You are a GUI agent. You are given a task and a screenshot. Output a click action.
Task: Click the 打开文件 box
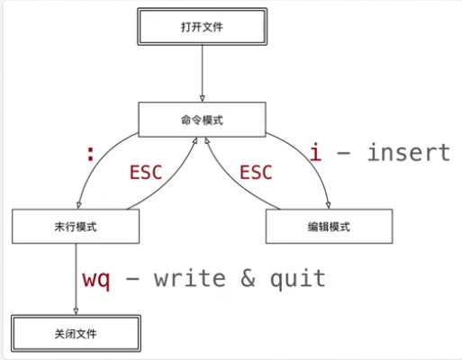click(202, 27)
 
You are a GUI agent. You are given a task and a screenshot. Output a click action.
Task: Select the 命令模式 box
click(202, 119)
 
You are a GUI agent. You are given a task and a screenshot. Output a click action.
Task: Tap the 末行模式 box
click(76, 227)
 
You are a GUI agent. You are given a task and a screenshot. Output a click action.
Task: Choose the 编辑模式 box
click(328, 227)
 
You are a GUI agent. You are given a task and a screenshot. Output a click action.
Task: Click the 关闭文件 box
click(76, 333)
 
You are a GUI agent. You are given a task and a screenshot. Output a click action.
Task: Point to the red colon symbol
click(89, 154)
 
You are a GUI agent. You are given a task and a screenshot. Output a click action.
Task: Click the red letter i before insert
click(315, 151)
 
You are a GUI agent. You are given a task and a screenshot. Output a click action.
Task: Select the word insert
click(407, 152)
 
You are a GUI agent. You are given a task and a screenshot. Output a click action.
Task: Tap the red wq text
click(96, 278)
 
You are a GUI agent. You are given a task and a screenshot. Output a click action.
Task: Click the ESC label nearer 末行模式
click(146, 173)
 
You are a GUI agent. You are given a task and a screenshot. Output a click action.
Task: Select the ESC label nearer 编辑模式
click(255, 173)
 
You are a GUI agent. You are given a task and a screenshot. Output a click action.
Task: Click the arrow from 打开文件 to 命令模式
click(202, 72)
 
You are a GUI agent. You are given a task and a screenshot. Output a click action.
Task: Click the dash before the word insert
click(342, 153)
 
